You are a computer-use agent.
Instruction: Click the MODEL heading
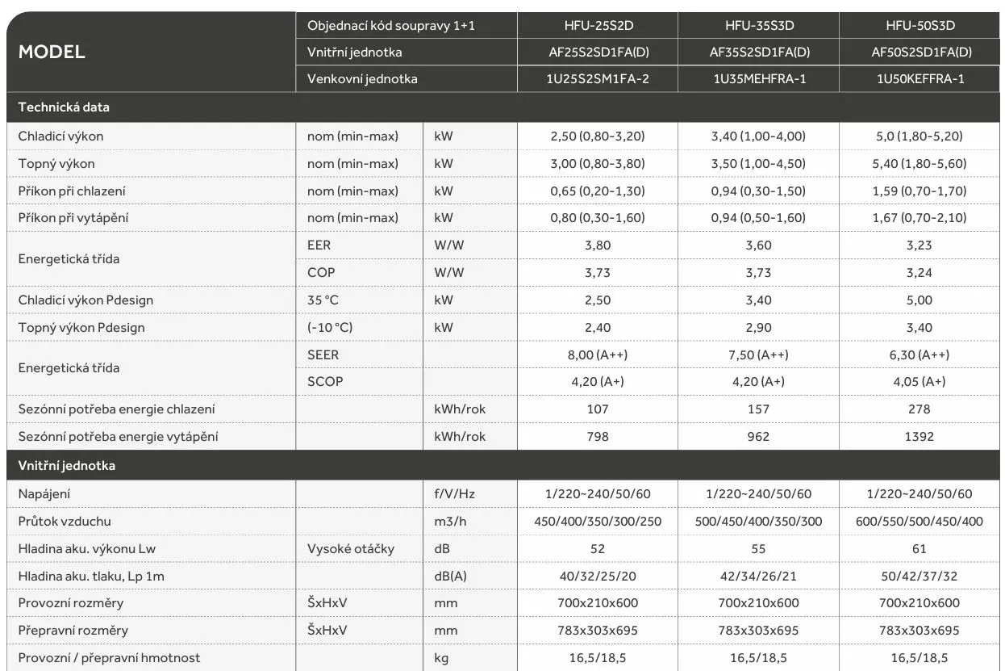[52, 52]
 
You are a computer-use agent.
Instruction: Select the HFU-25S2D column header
[597, 26]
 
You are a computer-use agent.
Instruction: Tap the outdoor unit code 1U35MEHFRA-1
[758, 79]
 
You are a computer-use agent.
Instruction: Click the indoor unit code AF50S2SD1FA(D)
[920, 52]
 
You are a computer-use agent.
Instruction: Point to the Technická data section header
[64, 107]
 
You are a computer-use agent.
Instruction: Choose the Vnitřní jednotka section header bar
[67, 466]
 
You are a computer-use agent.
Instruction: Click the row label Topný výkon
[56, 164]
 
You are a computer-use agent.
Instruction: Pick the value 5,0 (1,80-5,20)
[920, 136]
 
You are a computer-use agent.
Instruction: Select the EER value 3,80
[597, 245]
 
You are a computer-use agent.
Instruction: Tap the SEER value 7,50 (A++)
[758, 355]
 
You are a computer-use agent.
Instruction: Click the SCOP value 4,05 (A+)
[920, 382]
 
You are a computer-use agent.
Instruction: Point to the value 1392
[920, 437]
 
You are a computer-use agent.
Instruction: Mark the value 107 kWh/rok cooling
[597, 409]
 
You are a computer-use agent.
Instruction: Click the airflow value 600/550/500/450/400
[920, 522]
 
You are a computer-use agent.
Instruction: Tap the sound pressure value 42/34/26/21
[758, 577]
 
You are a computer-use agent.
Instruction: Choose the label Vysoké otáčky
[351, 549]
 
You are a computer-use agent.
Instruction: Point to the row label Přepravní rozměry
[73, 631]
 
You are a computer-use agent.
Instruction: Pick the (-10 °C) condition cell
[330, 328]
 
